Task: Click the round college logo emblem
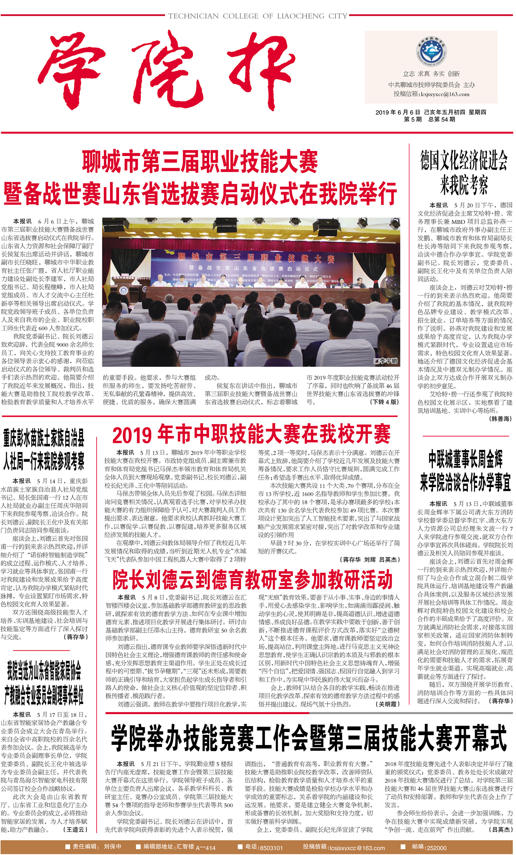tap(431, 52)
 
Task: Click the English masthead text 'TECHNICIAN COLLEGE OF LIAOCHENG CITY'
tap(257, 16)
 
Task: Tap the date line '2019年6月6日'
tap(397, 112)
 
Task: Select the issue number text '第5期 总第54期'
tap(429, 120)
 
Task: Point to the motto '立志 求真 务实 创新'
tap(431, 74)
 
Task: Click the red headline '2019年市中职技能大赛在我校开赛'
tap(251, 434)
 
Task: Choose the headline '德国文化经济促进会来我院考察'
tap(464, 173)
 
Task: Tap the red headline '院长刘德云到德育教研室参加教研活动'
tap(252, 580)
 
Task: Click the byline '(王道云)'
tap(75, 829)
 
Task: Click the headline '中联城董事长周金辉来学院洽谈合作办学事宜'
tap(465, 471)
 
